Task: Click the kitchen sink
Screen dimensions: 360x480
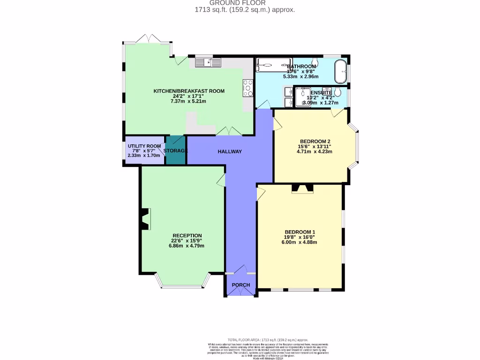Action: click(208, 62)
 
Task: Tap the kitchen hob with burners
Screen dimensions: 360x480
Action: click(248, 88)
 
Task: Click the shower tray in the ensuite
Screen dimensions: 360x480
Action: click(302, 97)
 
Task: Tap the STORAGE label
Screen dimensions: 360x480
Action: click(176, 150)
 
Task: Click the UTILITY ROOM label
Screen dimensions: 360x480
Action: click(144, 146)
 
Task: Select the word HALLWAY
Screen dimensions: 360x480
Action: click(230, 151)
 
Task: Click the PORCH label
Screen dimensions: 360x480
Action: click(241, 285)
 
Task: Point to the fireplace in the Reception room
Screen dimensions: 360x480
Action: click(144, 219)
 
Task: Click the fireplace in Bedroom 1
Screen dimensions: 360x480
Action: click(302, 188)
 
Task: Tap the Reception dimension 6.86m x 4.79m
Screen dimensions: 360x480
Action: click(187, 246)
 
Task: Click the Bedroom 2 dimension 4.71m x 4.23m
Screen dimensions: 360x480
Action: click(315, 151)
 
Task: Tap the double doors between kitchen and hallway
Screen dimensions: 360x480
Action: click(229, 132)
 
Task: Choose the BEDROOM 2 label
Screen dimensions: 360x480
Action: click(315, 142)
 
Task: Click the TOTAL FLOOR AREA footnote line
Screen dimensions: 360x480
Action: click(268, 339)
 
